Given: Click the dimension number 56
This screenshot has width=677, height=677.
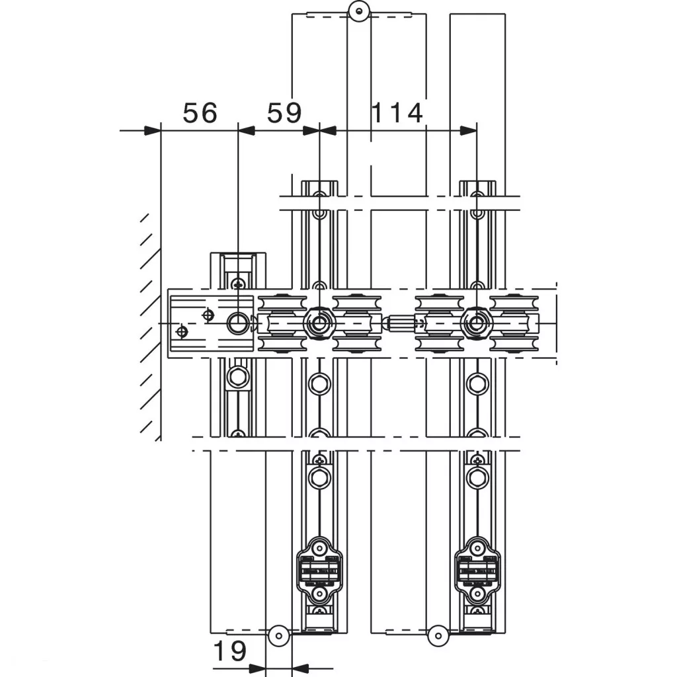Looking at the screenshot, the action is pos(200,113).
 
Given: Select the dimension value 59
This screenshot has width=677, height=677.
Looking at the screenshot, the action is pos(284,113).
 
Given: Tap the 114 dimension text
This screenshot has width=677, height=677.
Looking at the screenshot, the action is pos(397,113).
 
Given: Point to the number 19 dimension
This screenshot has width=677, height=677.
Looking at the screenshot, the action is pos(230,651).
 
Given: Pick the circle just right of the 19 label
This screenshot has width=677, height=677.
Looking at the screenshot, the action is pos(278,635).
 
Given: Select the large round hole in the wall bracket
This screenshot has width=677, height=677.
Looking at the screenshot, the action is pos(238,323).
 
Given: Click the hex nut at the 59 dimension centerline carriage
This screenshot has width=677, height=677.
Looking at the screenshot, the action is pos(319,323).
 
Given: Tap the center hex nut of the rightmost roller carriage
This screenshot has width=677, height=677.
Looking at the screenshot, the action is pos(476,323).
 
